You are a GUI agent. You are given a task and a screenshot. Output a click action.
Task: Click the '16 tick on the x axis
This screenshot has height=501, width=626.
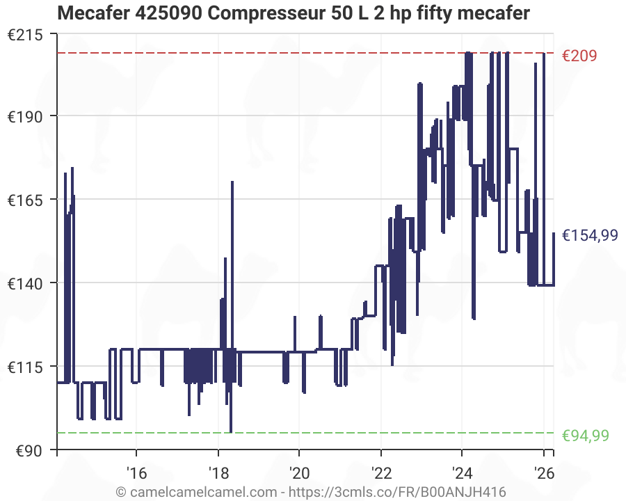coord(136,473)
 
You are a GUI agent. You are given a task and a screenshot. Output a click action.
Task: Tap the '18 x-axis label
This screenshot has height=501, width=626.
coord(218,473)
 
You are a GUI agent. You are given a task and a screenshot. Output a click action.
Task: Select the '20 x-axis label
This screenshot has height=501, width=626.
coord(299,473)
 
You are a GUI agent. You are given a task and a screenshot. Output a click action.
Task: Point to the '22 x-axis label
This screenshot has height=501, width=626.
coord(381,473)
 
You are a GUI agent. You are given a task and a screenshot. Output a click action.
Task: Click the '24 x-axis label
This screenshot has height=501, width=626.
coord(462,473)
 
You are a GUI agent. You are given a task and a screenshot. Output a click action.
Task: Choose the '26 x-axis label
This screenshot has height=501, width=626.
coord(543,473)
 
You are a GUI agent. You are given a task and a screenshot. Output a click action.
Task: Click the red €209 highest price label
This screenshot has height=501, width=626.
coord(579,56)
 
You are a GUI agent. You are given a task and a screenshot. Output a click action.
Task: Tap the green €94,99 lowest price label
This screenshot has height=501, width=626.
coord(585,436)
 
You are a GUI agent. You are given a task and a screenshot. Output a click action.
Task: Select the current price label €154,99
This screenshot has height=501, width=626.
coord(589,235)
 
